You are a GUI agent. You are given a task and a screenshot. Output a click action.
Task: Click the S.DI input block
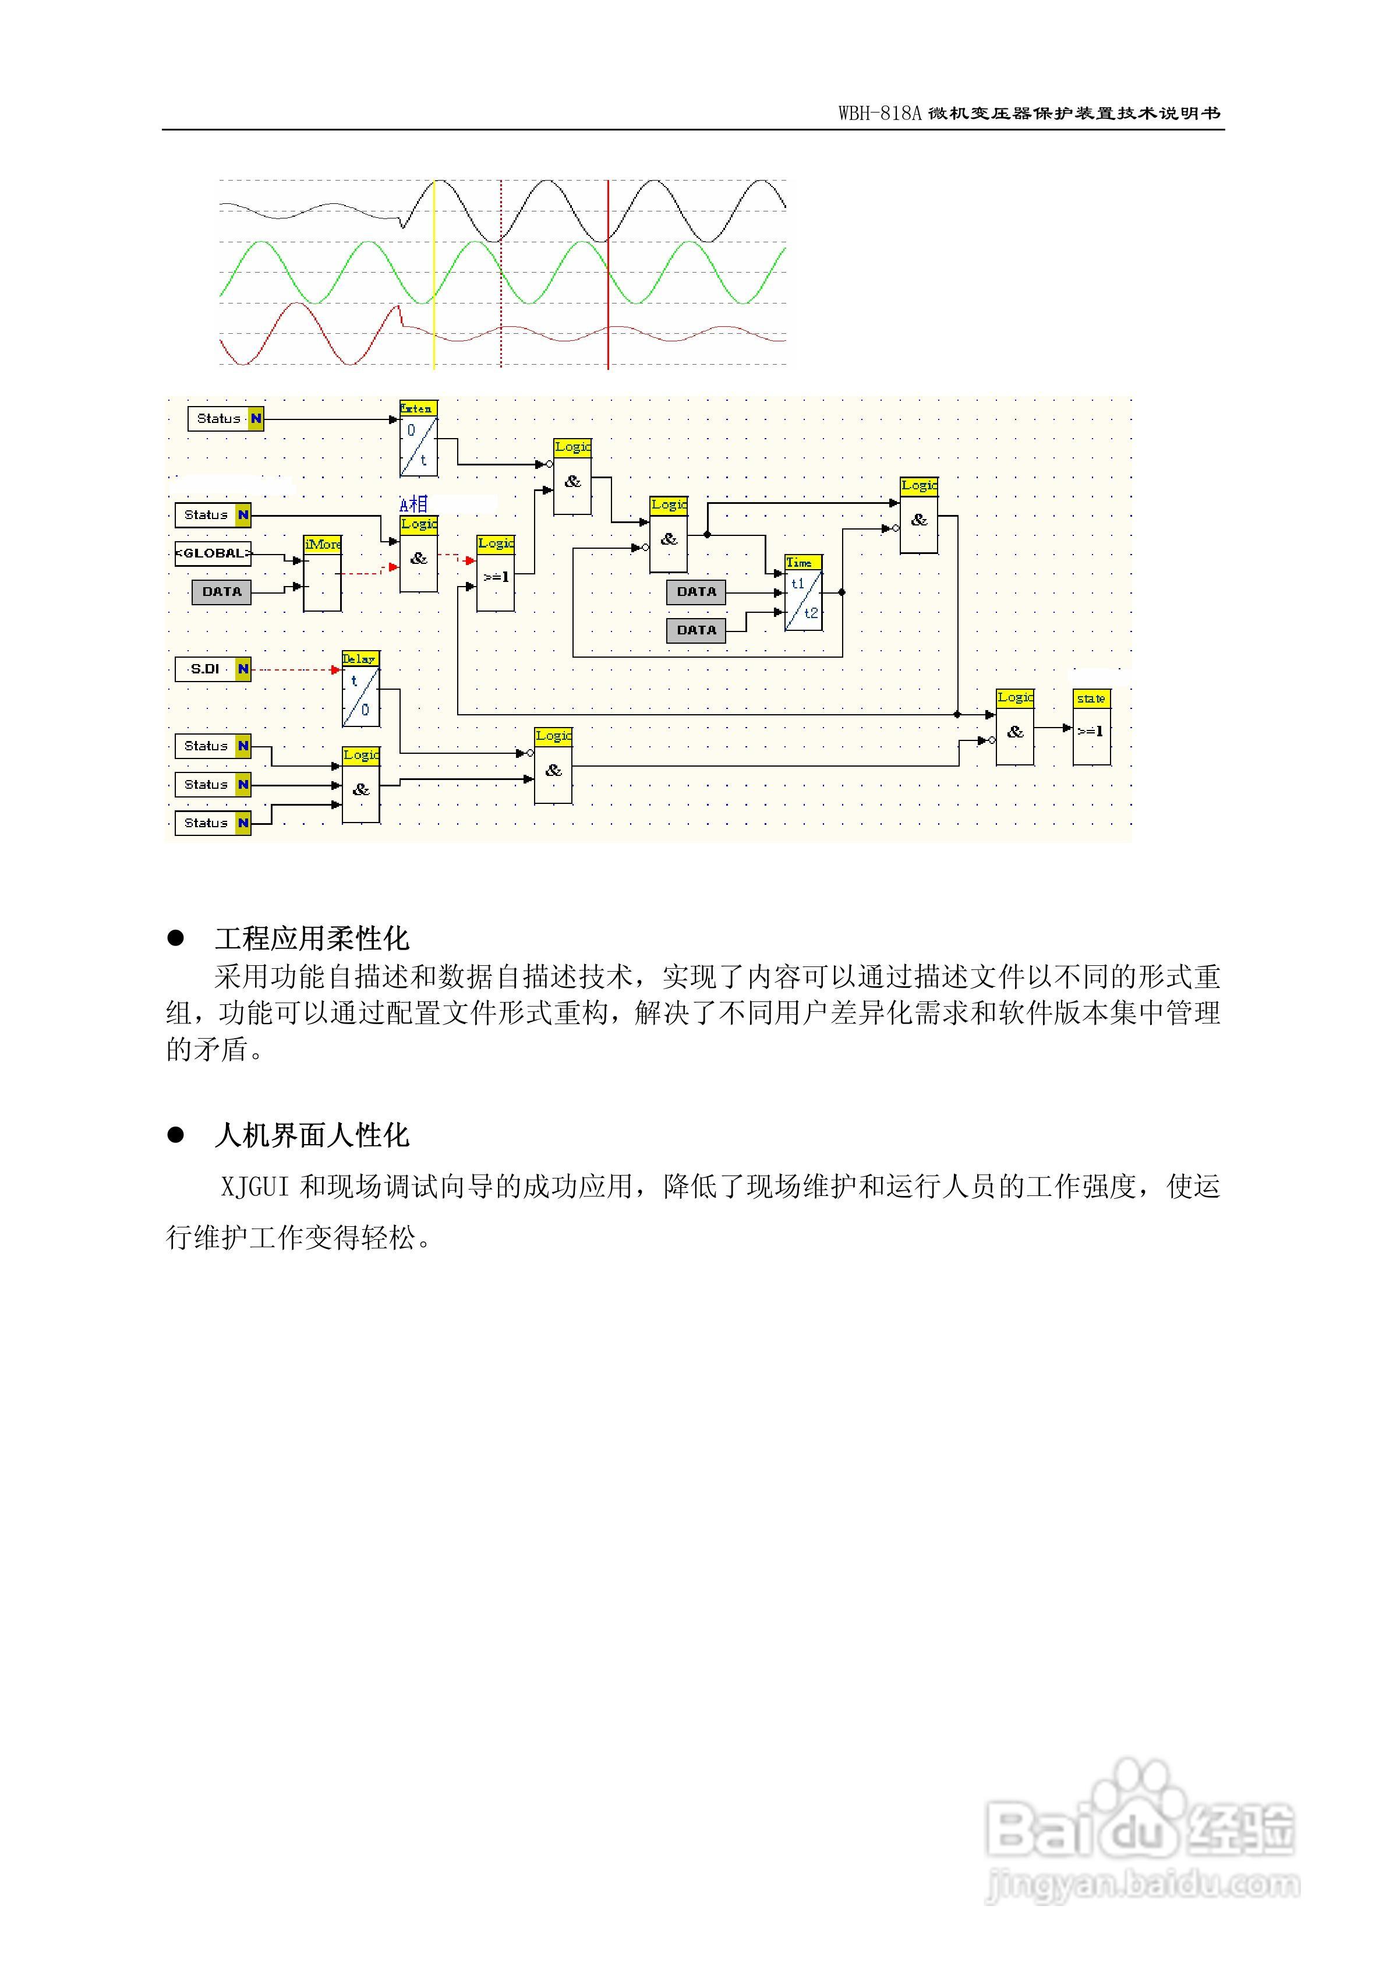[x=213, y=669]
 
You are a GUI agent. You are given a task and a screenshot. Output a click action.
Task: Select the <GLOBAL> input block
[x=213, y=553]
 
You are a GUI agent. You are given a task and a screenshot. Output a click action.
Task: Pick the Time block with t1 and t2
[x=803, y=593]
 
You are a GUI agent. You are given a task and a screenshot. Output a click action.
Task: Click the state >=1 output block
[x=1091, y=727]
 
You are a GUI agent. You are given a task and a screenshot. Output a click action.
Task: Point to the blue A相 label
[x=413, y=504]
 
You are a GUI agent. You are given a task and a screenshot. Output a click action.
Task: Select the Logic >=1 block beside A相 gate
[x=496, y=573]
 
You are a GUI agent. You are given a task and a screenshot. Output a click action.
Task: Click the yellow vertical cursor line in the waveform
[x=434, y=273]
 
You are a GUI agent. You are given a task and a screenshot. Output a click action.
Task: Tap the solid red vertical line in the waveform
[x=607, y=273]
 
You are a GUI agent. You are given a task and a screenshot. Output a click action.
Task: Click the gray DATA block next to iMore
[x=221, y=591]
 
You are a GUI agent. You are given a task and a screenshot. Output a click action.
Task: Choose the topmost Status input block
[x=225, y=419]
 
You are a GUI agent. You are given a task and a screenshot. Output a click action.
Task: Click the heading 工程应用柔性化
[x=312, y=938]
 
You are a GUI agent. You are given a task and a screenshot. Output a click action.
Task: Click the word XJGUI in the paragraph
[x=254, y=1187]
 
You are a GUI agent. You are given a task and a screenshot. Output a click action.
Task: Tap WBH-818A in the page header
[x=879, y=114]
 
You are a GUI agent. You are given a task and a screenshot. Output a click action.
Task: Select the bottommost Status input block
[x=213, y=823]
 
